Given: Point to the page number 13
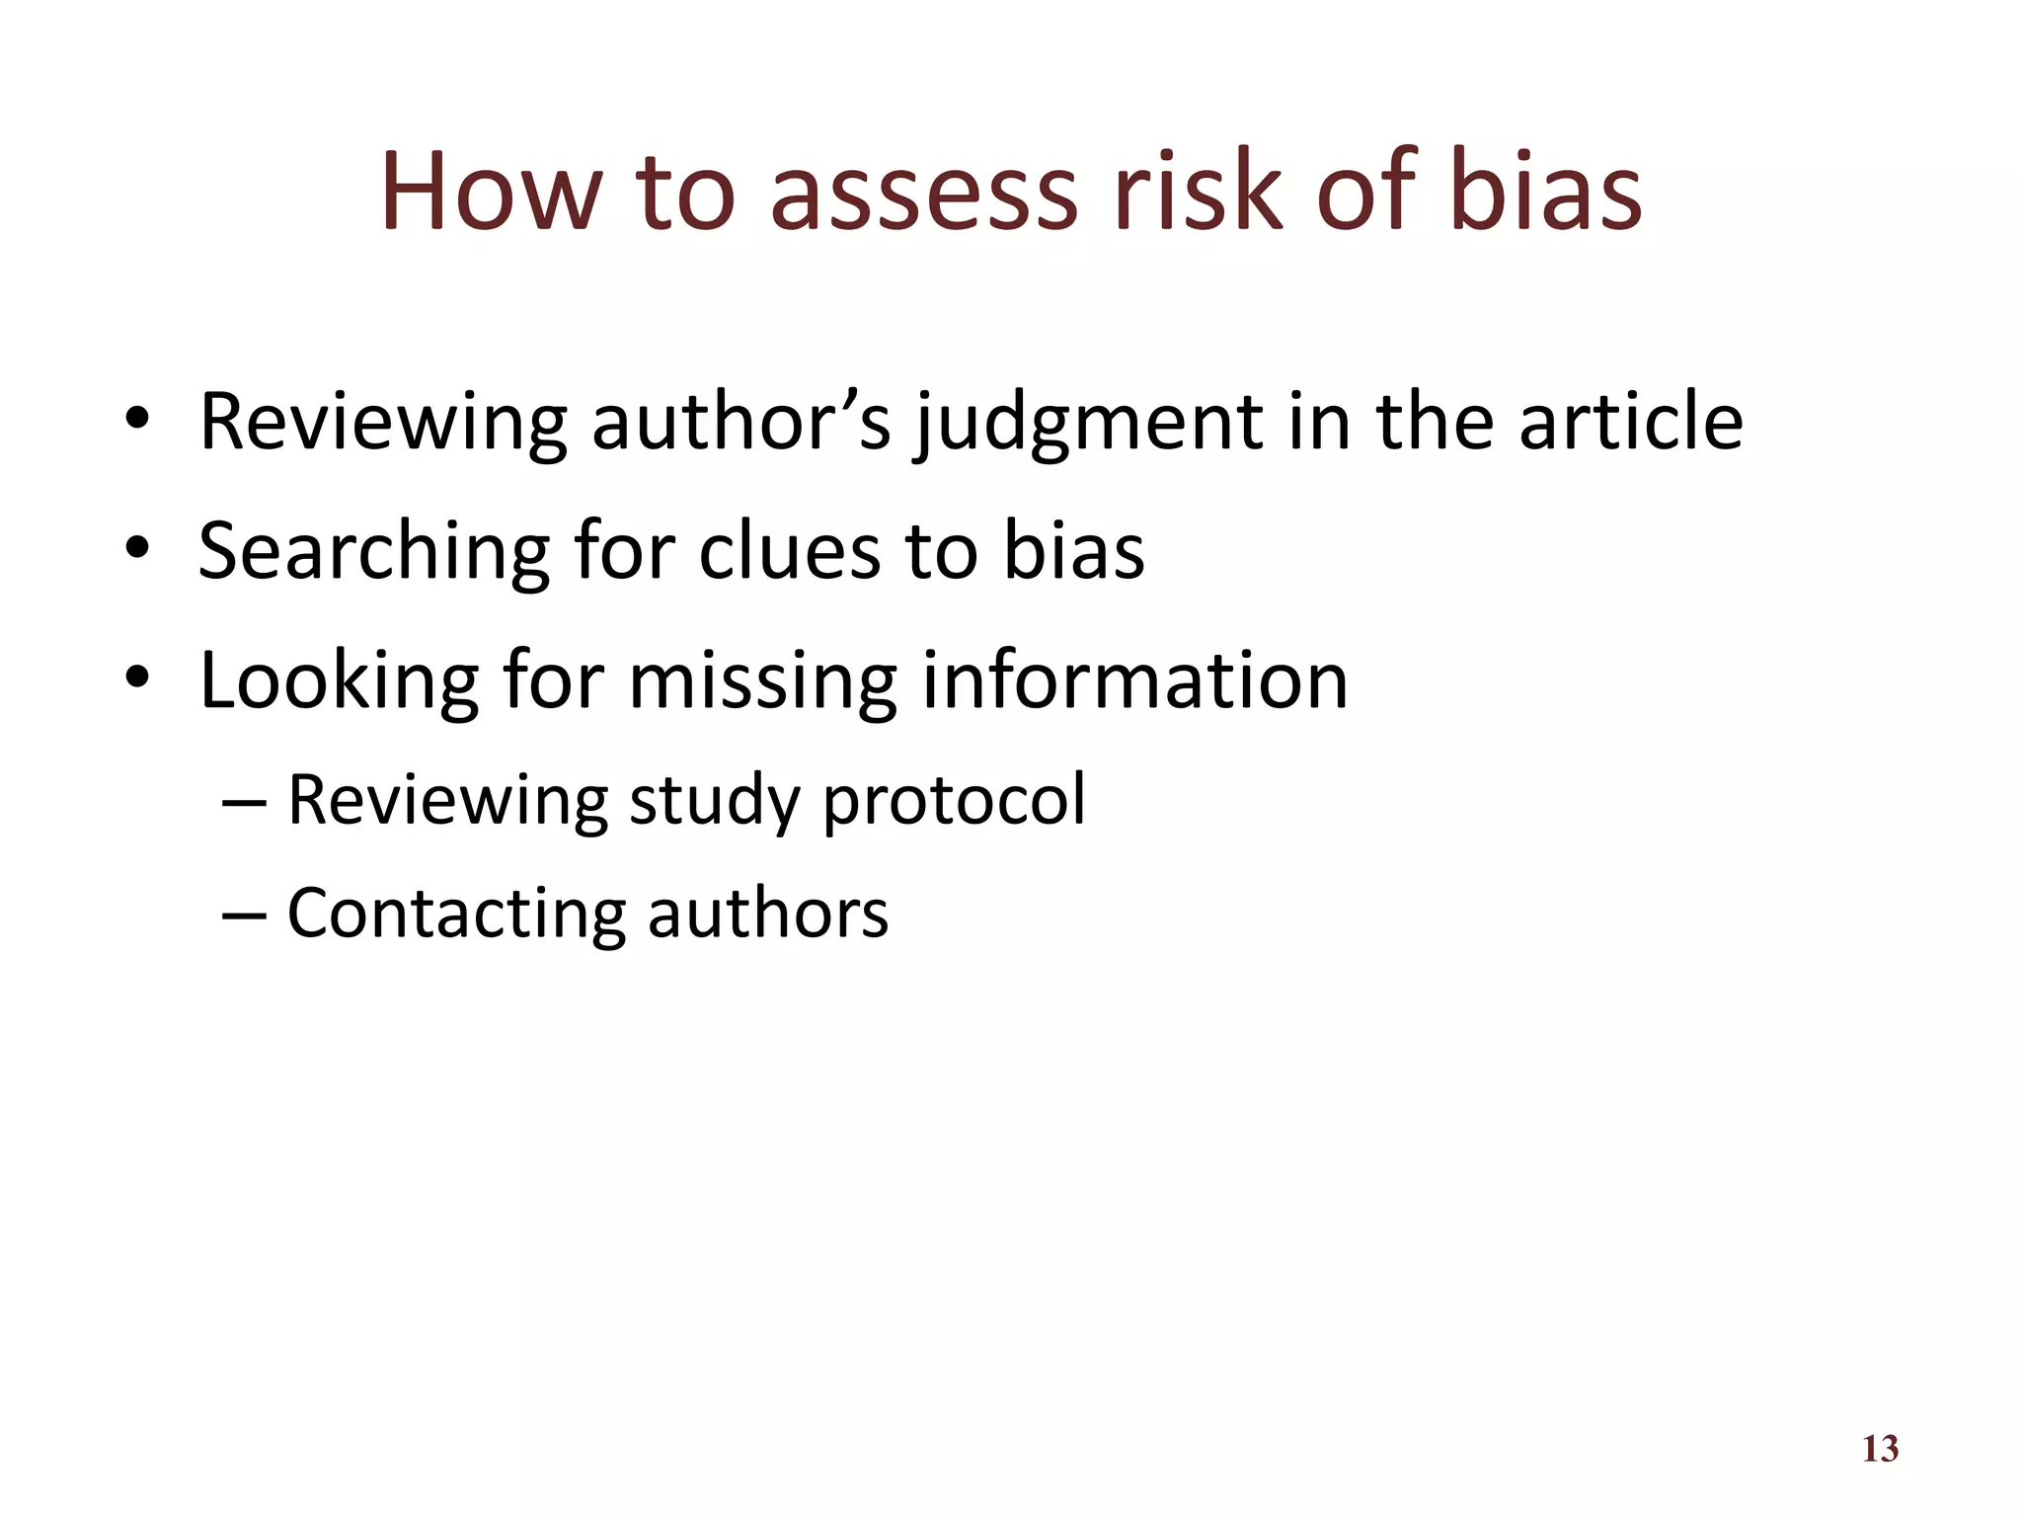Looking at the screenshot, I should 1880,1449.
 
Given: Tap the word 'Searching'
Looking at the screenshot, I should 373,551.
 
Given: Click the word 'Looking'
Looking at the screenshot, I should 340,681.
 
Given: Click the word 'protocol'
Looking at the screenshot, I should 954,800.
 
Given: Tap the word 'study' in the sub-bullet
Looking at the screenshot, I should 714,800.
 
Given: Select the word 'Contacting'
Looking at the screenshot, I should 456,913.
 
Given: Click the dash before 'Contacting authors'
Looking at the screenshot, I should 244,916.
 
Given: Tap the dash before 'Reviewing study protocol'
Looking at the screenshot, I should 244,802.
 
